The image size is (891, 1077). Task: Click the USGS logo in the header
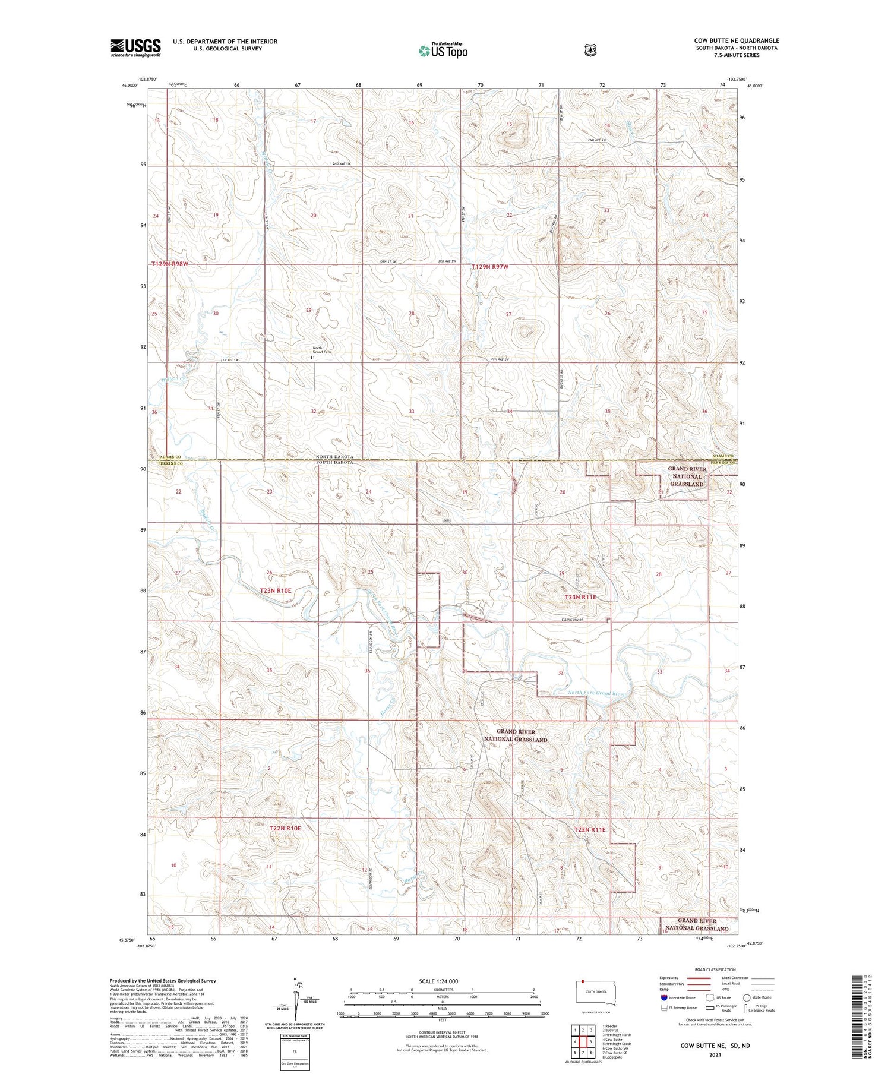click(x=135, y=48)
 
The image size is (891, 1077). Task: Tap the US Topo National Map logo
click(x=443, y=50)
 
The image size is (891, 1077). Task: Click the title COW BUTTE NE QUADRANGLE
click(x=737, y=40)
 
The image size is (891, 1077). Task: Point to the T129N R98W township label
click(x=169, y=264)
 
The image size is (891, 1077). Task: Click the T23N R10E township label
click(x=276, y=590)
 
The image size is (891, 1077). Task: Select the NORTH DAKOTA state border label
click(x=334, y=456)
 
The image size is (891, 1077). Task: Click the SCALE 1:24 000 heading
click(x=443, y=981)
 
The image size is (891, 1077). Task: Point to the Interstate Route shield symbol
click(x=663, y=997)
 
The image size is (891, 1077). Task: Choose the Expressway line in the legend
click(x=700, y=978)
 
